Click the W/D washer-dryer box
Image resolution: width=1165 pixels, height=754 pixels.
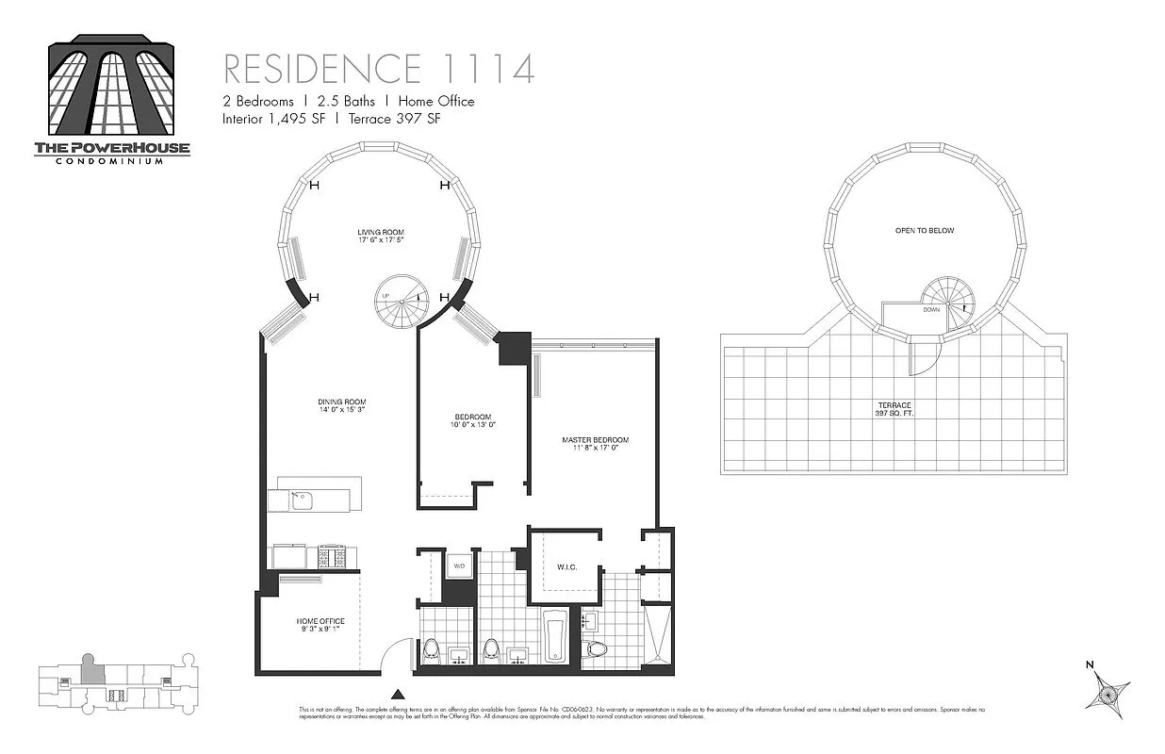[x=459, y=566]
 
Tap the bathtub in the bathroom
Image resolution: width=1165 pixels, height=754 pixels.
[x=555, y=637]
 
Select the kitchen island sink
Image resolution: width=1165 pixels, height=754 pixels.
[x=303, y=500]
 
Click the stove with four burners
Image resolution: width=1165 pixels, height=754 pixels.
[x=332, y=557]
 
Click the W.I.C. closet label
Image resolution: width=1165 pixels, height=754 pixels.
[x=566, y=566]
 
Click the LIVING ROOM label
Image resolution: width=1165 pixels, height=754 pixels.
[x=379, y=237]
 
